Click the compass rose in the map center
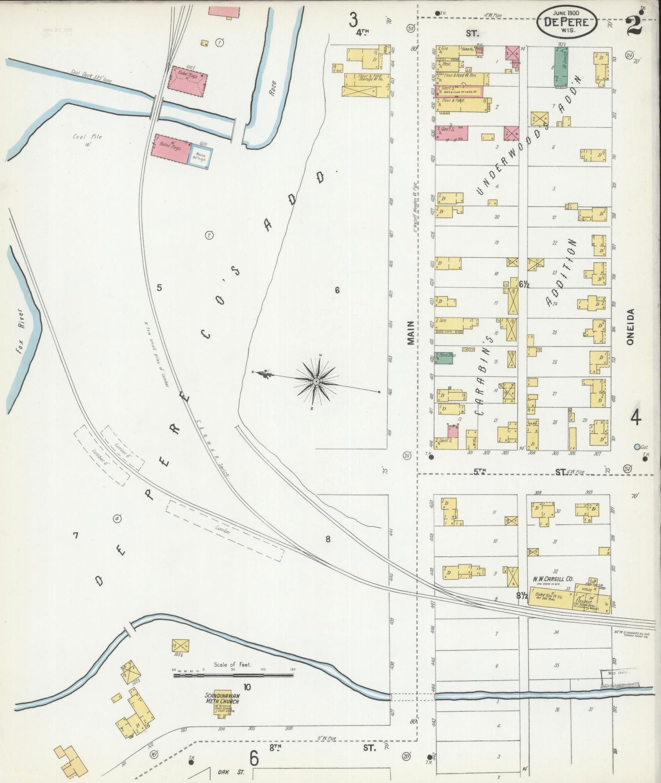coord(317,381)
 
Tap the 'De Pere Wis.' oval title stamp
coord(566,21)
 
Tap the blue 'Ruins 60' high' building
coord(200,157)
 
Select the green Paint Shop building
coord(443,358)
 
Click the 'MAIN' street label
coord(410,333)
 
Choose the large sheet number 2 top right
coord(634,23)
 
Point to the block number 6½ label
coord(524,284)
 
